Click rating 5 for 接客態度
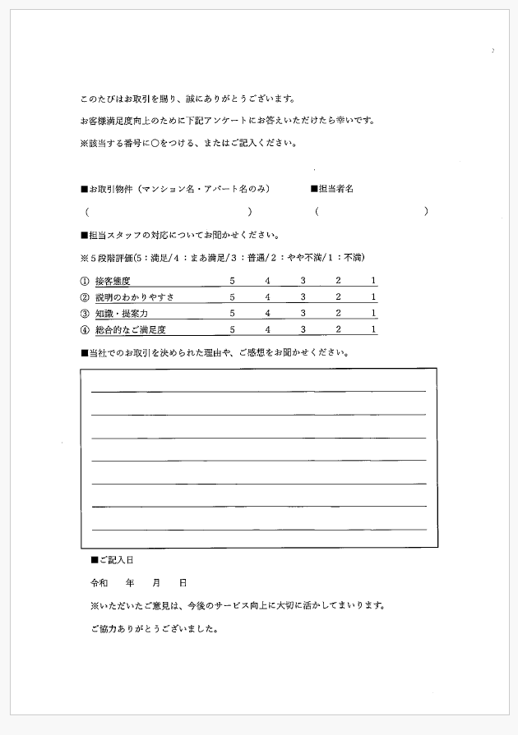click(x=233, y=281)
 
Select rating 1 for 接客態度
click(x=373, y=281)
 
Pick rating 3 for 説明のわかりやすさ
click(x=303, y=297)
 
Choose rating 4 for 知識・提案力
click(x=267, y=314)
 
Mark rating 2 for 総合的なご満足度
click(x=338, y=330)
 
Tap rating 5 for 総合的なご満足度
click(x=233, y=330)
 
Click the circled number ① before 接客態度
click(x=85, y=281)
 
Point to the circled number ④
click(x=85, y=330)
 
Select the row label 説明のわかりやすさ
click(x=134, y=297)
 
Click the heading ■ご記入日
click(x=112, y=560)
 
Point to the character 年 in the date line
click(x=130, y=582)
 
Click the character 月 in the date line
click(x=156, y=582)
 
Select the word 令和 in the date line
click(x=99, y=582)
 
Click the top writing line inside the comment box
click(x=258, y=392)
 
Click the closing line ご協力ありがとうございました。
click(x=154, y=630)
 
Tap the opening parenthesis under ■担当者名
click(x=317, y=211)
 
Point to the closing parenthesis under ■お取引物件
click(x=250, y=211)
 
